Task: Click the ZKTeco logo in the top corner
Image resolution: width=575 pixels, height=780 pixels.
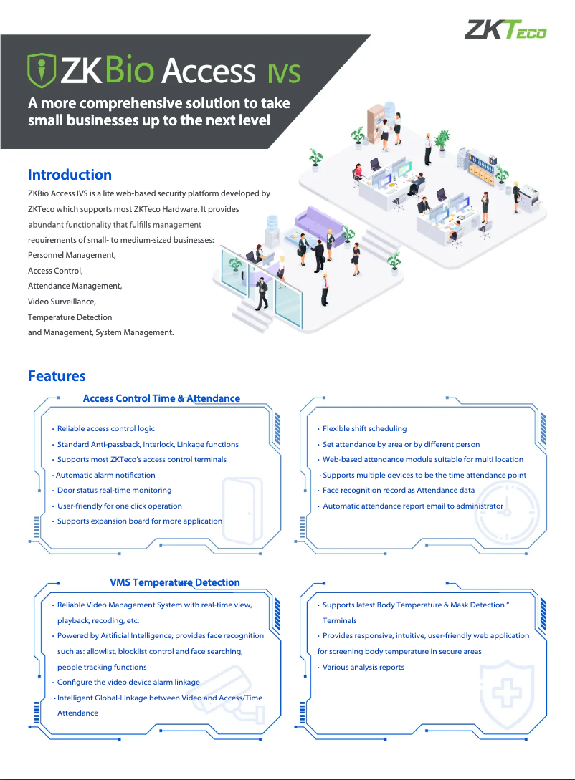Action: tap(505, 30)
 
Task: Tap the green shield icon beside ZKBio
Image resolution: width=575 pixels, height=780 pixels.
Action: tap(41, 69)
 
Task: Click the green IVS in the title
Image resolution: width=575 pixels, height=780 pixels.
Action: tap(284, 72)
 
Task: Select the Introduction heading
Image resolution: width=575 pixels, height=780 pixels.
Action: tap(70, 175)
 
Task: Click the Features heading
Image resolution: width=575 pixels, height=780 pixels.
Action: tap(57, 376)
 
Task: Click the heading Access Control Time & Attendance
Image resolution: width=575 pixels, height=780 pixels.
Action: tap(161, 398)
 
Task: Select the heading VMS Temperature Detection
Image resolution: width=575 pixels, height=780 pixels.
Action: tap(175, 582)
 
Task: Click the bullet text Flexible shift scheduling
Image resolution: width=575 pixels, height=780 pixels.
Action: tap(364, 428)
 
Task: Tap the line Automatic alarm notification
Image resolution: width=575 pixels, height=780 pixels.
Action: tap(105, 475)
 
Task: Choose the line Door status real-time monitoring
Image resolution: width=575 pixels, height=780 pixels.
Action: tap(114, 491)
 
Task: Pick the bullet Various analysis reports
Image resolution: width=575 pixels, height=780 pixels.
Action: tap(363, 667)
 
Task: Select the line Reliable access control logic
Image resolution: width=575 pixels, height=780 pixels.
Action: tap(105, 428)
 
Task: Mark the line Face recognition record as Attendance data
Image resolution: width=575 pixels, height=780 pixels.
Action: tap(398, 491)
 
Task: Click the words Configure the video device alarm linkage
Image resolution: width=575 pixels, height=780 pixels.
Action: tap(128, 682)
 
